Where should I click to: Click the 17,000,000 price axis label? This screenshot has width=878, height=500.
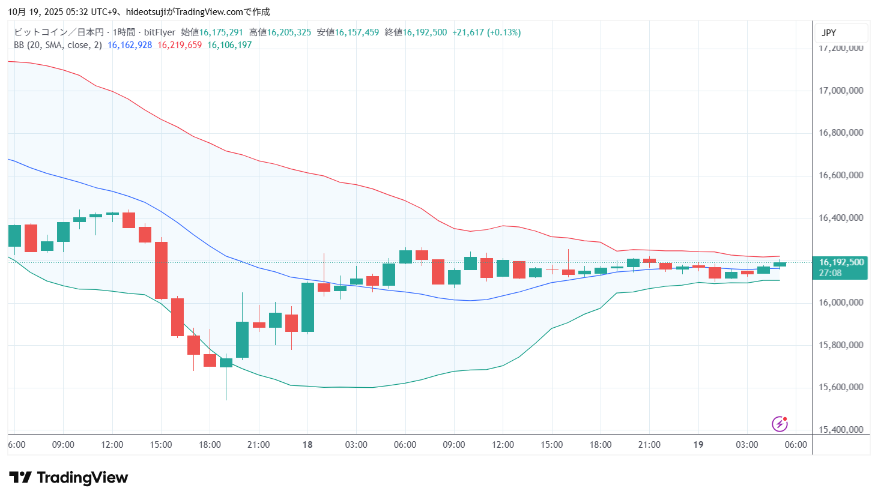click(841, 91)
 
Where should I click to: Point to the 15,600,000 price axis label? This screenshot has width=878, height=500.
click(841, 387)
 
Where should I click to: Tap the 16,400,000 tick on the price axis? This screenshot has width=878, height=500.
click(841, 218)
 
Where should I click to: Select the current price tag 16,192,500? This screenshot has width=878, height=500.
click(841, 262)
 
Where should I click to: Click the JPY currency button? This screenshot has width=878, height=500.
click(829, 33)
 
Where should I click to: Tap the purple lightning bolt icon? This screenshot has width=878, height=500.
click(780, 424)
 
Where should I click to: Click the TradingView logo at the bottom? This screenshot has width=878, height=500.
click(68, 478)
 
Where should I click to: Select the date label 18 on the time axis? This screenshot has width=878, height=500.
click(307, 445)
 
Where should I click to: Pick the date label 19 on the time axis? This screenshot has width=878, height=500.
click(698, 445)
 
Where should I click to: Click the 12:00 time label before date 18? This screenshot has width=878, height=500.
click(112, 445)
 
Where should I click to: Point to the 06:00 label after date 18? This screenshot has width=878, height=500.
click(405, 445)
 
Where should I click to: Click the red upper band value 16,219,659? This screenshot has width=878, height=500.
click(180, 45)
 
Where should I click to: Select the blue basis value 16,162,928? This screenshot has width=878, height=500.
click(130, 45)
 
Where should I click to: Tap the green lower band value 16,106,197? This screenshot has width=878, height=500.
click(229, 45)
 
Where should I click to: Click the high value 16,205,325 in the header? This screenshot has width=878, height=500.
click(289, 32)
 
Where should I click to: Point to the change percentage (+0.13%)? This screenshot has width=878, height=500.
click(504, 32)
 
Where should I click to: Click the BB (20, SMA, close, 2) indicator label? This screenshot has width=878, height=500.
click(58, 45)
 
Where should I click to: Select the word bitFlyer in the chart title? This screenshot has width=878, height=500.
click(160, 32)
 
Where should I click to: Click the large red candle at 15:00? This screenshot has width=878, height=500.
click(161, 270)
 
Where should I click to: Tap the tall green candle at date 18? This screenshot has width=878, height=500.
click(307, 307)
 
